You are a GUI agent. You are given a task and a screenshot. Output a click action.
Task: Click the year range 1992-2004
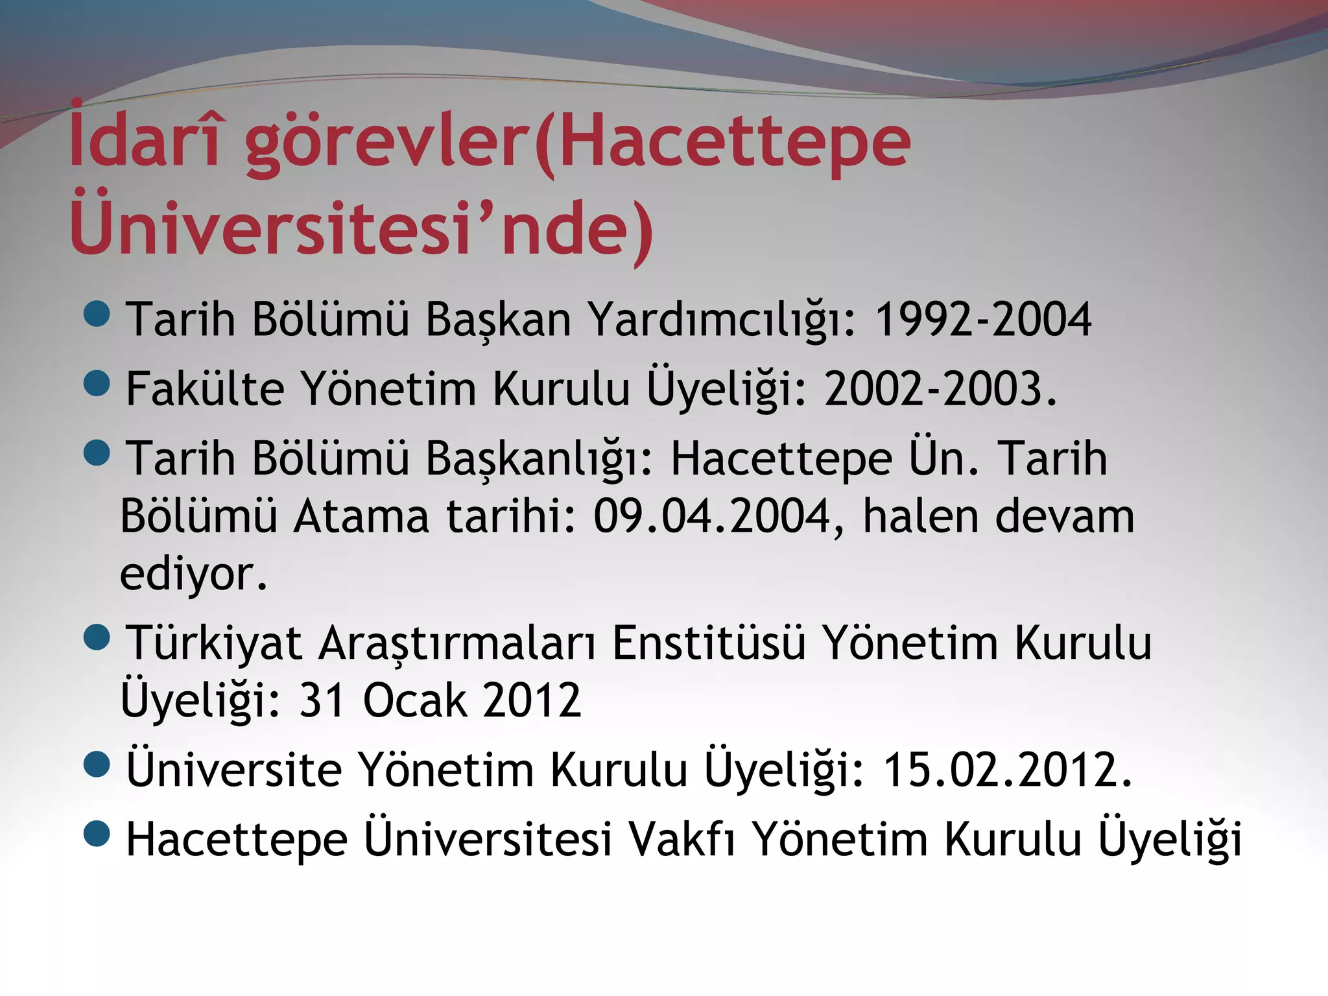tap(983, 319)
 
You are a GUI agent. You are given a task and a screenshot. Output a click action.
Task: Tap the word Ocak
tap(415, 700)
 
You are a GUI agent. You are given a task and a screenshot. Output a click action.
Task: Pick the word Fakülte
tap(205, 389)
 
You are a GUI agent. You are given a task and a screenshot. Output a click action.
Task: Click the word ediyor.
tap(193, 575)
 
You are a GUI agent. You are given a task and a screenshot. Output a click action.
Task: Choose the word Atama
tap(361, 516)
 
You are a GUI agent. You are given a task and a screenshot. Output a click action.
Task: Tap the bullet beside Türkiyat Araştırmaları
tap(97, 637)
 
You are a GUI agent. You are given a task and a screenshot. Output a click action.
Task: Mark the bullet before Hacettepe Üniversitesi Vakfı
tap(97, 833)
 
